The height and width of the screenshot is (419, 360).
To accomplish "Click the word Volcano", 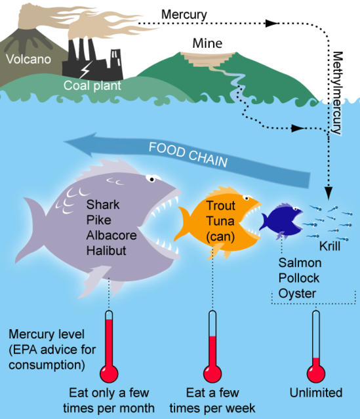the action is click(x=28, y=59).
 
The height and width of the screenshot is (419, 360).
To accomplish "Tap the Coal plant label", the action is click(x=92, y=86).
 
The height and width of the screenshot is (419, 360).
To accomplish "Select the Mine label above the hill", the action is click(x=207, y=43).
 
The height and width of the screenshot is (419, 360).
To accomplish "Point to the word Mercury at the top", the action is click(x=184, y=14).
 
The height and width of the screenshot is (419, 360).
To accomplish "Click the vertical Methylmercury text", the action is click(x=337, y=92).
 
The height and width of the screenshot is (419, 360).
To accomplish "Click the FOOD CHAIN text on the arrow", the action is click(x=188, y=154).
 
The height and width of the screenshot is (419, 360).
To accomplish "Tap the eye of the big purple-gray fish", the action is click(x=152, y=179).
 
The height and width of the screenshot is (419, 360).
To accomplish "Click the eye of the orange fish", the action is click(x=247, y=198).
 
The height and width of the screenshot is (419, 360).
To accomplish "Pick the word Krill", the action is click(x=330, y=247).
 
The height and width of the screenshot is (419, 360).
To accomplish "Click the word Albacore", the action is click(x=111, y=235).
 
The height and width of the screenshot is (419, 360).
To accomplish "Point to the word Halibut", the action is click(x=106, y=250).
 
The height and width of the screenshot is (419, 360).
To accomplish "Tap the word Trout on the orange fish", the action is click(x=220, y=206).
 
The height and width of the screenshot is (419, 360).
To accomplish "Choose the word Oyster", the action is click(x=297, y=293).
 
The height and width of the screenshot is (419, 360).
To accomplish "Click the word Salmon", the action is click(x=300, y=263).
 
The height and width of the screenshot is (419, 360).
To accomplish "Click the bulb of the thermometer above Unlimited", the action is click(x=316, y=374).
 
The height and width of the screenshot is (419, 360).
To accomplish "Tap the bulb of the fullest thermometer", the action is click(x=109, y=374).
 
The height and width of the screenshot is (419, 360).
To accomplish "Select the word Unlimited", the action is click(x=316, y=393).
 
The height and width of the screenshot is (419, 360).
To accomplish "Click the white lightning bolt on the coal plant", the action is click(x=86, y=70).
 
